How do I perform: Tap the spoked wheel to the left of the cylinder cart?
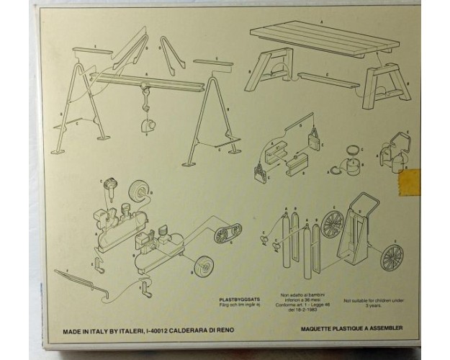pyautogui.click(x=333, y=222)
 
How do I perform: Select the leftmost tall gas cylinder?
pyautogui.click(x=287, y=238)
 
